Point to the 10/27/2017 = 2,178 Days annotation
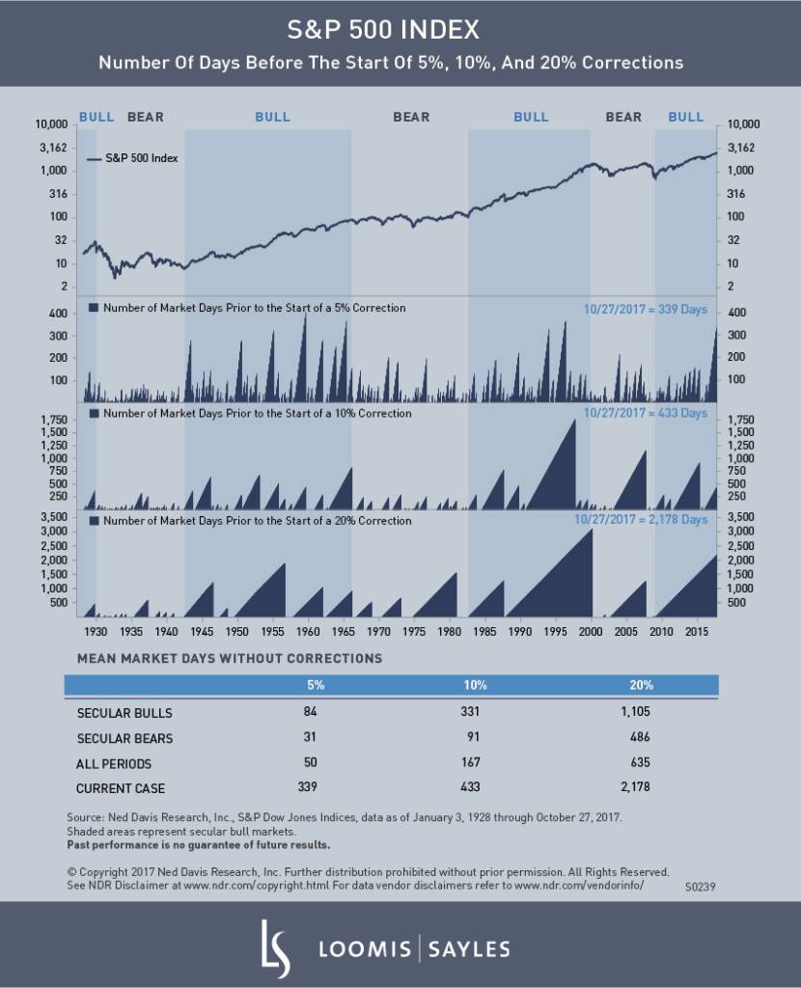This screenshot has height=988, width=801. click(x=640, y=520)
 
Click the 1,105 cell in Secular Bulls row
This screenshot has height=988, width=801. click(x=639, y=713)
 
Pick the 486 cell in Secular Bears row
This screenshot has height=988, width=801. click(x=641, y=738)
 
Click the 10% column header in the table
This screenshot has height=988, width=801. click(x=474, y=685)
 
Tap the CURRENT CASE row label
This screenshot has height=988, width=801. click(x=121, y=788)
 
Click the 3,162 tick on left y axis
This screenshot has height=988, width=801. click(x=51, y=149)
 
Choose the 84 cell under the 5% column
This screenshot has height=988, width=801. click(x=309, y=713)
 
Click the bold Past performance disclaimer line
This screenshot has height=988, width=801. click(x=198, y=845)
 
